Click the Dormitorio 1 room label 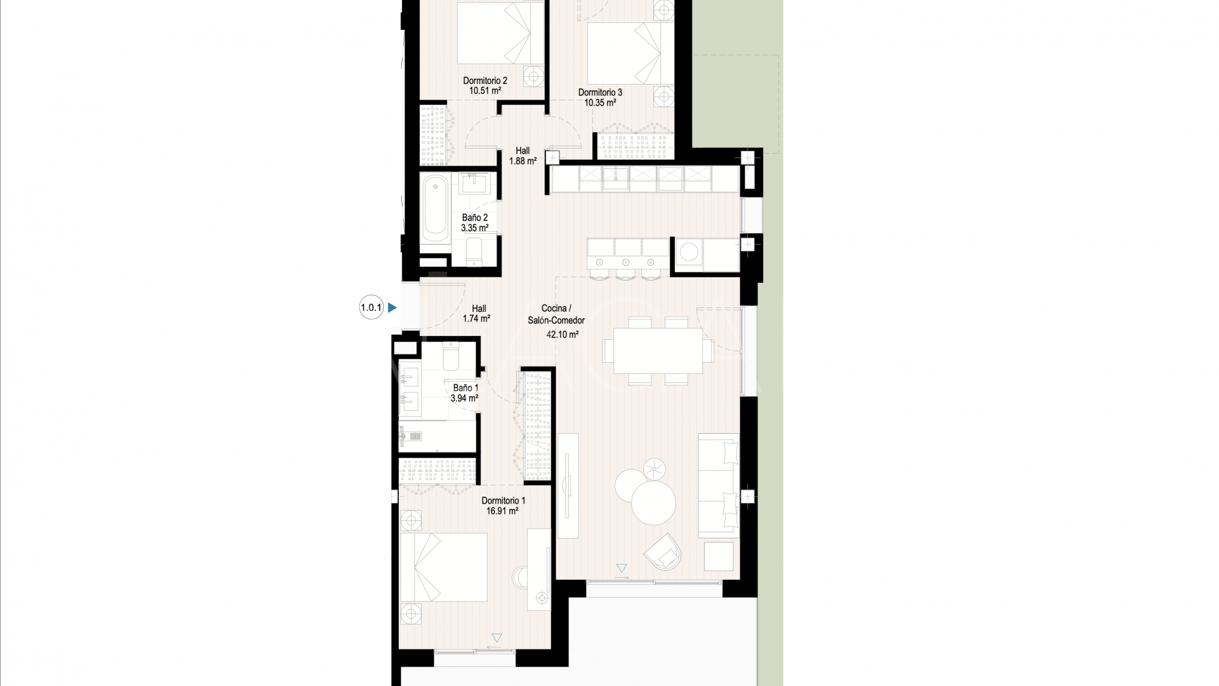[x=503, y=501]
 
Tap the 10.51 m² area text [x=485, y=91]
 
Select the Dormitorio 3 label [x=600, y=93]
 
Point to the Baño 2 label [x=474, y=218]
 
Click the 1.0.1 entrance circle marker [x=371, y=308]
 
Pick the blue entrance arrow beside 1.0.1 [x=392, y=308]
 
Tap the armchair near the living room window [x=664, y=552]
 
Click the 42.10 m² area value [x=562, y=334]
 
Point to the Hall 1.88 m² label [x=523, y=156]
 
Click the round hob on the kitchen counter [x=689, y=253]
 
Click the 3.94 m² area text [x=464, y=398]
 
